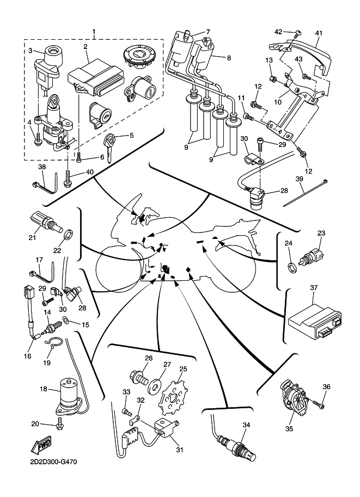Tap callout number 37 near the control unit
click(314, 287)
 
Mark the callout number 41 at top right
click(319, 33)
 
